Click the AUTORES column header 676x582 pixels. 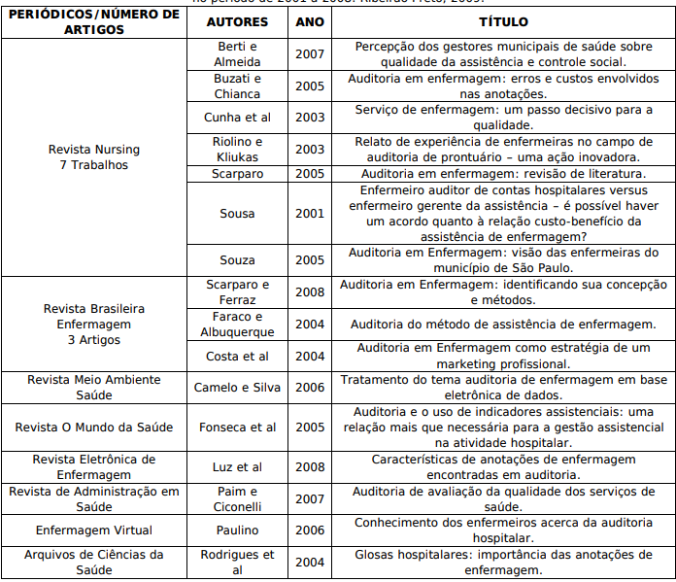pyautogui.click(x=237, y=20)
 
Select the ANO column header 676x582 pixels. pyautogui.click(x=309, y=20)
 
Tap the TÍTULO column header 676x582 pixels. pyautogui.click(x=502, y=20)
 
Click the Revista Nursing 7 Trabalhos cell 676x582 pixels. pyautogui.click(x=94, y=157)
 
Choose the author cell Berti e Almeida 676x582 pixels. pyautogui.click(x=237, y=53)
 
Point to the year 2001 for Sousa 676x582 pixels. pyautogui.click(x=309, y=214)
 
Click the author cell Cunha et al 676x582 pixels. pyautogui.click(x=237, y=118)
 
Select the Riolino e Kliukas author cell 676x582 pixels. pyautogui.click(x=237, y=149)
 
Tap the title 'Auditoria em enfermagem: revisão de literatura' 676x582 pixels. pyautogui.click(x=502, y=174)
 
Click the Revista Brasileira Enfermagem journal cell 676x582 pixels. pyautogui.click(x=94, y=324)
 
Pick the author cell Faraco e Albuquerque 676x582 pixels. pyautogui.click(x=237, y=325)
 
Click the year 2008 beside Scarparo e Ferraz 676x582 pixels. pyautogui.click(x=309, y=292)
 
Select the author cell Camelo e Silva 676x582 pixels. pyautogui.click(x=237, y=388)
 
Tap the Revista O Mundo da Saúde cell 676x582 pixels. pyautogui.click(x=94, y=428)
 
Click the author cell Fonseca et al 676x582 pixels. pyautogui.click(x=237, y=428)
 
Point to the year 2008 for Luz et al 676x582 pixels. pyautogui.click(x=309, y=467)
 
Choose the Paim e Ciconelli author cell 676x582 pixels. pyautogui.click(x=237, y=498)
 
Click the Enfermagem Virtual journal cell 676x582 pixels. pyautogui.click(x=94, y=531)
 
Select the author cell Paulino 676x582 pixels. pyautogui.click(x=237, y=531)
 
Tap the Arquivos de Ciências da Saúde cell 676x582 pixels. pyautogui.click(x=94, y=563)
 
